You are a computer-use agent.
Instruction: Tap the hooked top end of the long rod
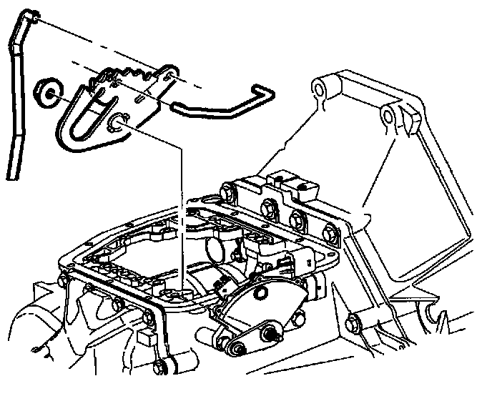(x=27, y=17)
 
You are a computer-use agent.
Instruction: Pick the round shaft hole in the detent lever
(x=117, y=127)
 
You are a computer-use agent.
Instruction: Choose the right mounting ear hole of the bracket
(x=390, y=114)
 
